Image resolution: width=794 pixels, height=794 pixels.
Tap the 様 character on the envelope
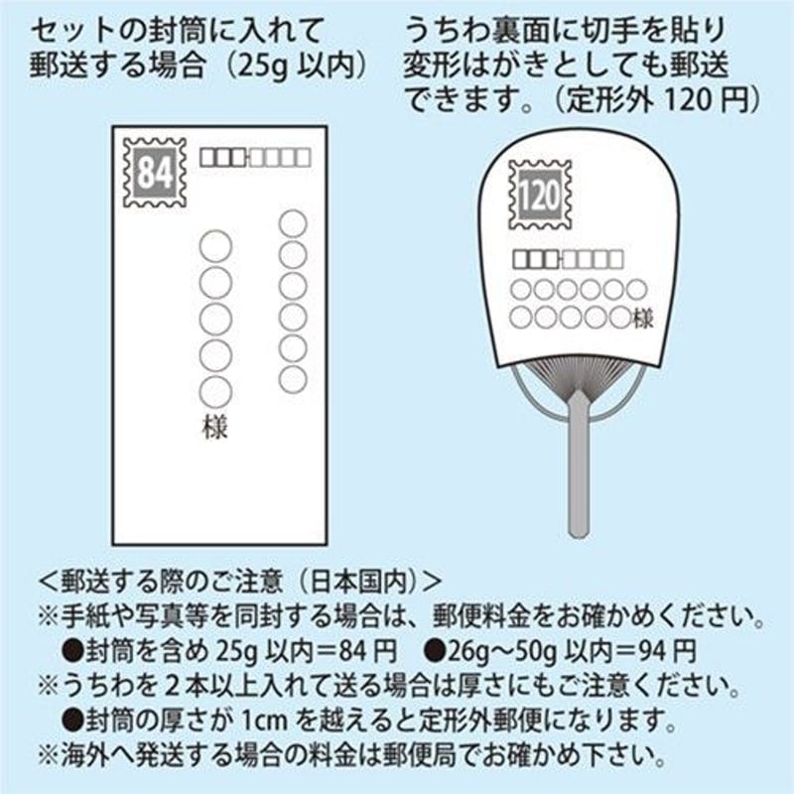tap(215, 428)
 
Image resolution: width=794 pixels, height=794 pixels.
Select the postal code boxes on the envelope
tap(255, 157)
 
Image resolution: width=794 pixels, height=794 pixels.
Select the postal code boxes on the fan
tap(568, 260)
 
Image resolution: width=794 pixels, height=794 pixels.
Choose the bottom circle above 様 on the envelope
tap(215, 391)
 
